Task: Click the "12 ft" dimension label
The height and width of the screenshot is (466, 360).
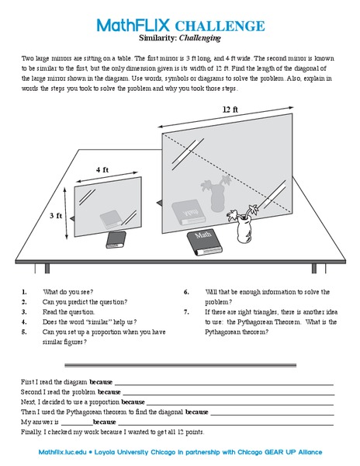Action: (x=230, y=110)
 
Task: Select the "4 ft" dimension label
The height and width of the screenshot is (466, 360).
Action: (x=102, y=169)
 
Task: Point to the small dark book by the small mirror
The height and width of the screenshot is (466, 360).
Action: (x=116, y=238)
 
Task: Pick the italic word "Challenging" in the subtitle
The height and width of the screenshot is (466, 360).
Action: (x=200, y=38)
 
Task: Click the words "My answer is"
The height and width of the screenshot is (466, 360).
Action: (x=40, y=422)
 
